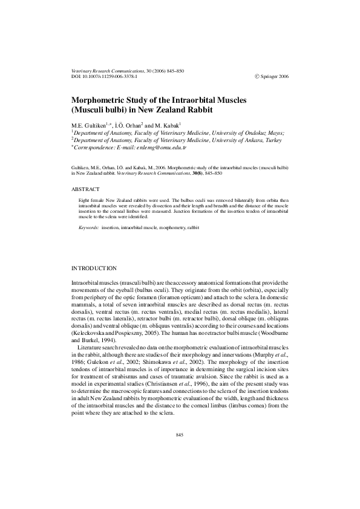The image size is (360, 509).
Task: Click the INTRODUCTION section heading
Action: (x=94, y=267)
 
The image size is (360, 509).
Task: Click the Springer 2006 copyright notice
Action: (x=272, y=77)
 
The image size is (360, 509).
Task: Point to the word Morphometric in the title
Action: (x=102, y=100)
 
